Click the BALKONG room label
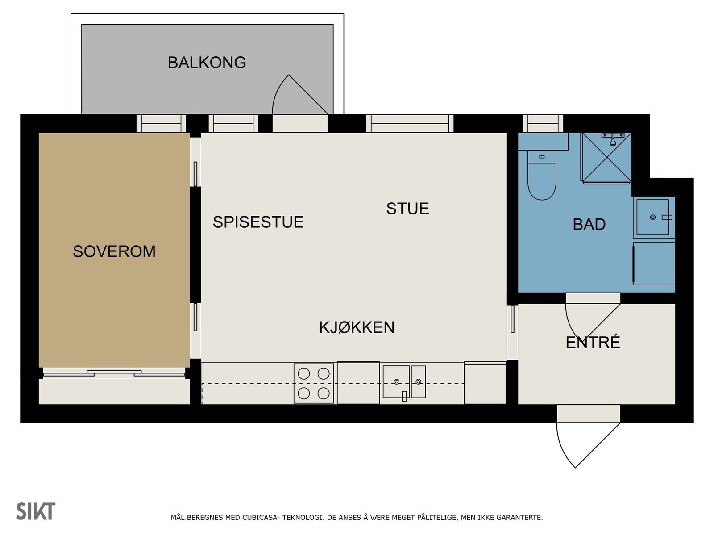(x=207, y=63)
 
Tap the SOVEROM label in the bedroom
(x=114, y=251)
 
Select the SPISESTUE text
(x=258, y=222)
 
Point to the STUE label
(x=407, y=209)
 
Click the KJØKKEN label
(x=357, y=327)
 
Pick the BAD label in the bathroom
(x=589, y=224)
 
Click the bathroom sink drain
(x=652, y=218)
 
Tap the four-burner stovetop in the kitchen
(x=314, y=383)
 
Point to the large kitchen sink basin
(x=396, y=381)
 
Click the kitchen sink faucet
(x=404, y=396)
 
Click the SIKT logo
(x=36, y=511)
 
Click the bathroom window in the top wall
(x=543, y=124)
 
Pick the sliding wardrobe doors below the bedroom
(x=114, y=373)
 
